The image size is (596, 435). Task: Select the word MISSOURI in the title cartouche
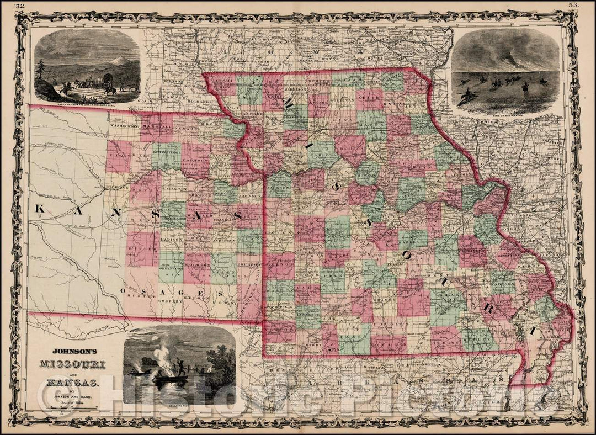click(x=73, y=364)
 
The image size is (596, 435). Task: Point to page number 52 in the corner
click(x=21, y=6)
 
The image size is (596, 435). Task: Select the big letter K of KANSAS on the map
click(x=40, y=209)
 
